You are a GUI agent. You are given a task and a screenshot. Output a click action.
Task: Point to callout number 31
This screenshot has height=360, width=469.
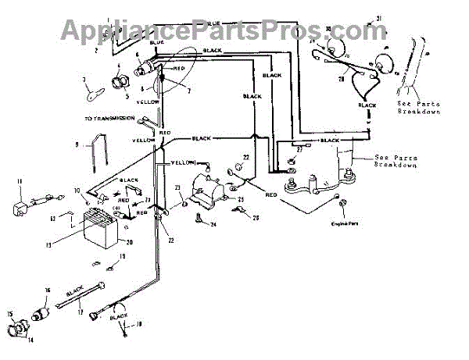pos(379,17)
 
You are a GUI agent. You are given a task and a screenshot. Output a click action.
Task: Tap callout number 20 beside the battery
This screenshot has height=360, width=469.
pos(130,242)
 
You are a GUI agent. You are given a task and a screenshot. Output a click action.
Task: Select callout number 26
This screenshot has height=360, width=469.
pos(256,218)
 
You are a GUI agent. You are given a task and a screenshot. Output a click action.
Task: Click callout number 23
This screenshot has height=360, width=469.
pos(178,187)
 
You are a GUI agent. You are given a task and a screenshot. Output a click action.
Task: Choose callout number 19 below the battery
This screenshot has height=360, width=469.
pos(122,256)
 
